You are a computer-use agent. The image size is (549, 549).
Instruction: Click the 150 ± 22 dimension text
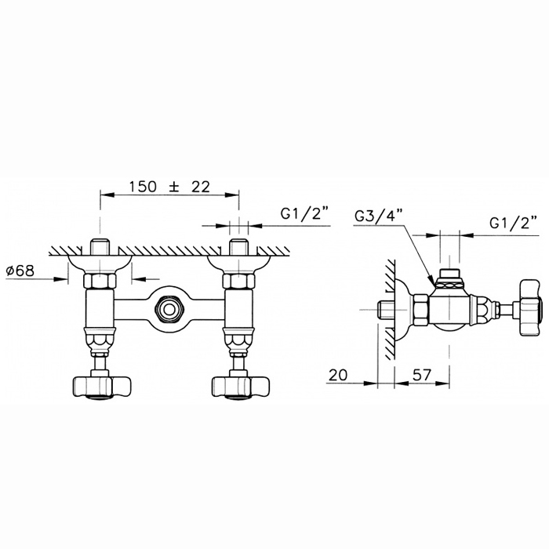click(x=170, y=187)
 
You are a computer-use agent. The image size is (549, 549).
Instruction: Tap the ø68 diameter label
click(x=20, y=271)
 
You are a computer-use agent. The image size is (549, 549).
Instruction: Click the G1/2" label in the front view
click(x=306, y=215)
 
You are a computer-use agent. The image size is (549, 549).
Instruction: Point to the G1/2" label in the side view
click(x=514, y=224)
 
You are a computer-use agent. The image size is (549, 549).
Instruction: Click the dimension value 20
click(x=338, y=375)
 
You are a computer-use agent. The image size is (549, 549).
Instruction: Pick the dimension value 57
click(x=422, y=375)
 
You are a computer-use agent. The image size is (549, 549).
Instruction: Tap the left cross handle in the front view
click(x=101, y=387)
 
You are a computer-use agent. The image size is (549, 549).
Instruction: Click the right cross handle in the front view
click(x=242, y=387)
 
